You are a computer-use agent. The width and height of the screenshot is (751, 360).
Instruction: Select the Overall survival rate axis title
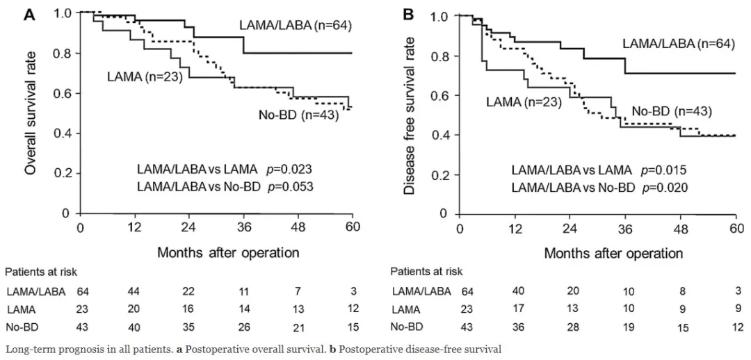[31, 112]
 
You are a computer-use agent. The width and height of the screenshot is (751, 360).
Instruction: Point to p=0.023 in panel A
[291, 169]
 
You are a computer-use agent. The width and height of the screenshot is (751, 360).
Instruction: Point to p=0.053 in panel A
[292, 186]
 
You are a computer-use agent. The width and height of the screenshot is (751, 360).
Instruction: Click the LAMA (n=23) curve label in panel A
[144, 77]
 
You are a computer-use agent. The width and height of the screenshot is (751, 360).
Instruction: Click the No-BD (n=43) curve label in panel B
[671, 111]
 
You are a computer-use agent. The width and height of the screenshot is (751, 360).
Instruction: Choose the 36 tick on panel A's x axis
[243, 228]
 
